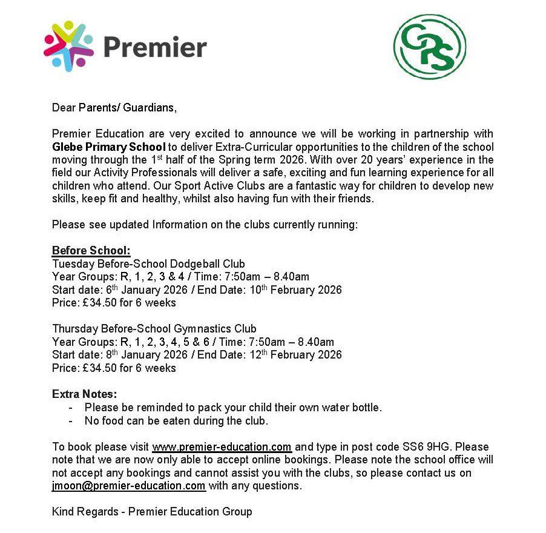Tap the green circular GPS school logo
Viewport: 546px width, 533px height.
(430, 47)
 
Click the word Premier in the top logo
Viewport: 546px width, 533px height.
(154, 47)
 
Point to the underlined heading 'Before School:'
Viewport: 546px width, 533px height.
(91, 251)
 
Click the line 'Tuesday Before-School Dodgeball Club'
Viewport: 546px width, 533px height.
(148, 264)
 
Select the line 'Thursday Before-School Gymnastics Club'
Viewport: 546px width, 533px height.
(154, 329)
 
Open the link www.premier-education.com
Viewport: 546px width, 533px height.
(222, 448)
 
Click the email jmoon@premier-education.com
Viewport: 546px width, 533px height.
(129, 486)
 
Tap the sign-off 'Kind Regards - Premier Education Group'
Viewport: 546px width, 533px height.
(152, 512)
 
